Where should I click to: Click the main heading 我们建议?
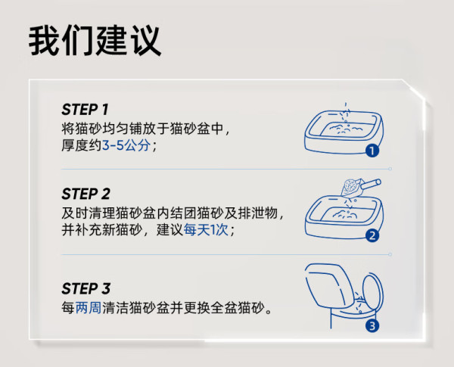[95, 40]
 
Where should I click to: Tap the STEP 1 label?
[85, 110]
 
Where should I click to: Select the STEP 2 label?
[86, 194]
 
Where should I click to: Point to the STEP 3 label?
[86, 288]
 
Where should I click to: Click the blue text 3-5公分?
[126, 145]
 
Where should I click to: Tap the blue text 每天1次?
[206, 230]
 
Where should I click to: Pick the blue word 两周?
[89, 308]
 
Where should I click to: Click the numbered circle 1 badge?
[372, 151]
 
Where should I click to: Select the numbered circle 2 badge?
[372, 235]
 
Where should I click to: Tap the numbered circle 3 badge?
[372, 326]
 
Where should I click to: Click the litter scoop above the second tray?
[360, 187]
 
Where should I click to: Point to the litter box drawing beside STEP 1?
[344, 132]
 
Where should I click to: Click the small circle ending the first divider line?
[390, 169]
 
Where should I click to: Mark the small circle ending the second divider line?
[390, 254]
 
